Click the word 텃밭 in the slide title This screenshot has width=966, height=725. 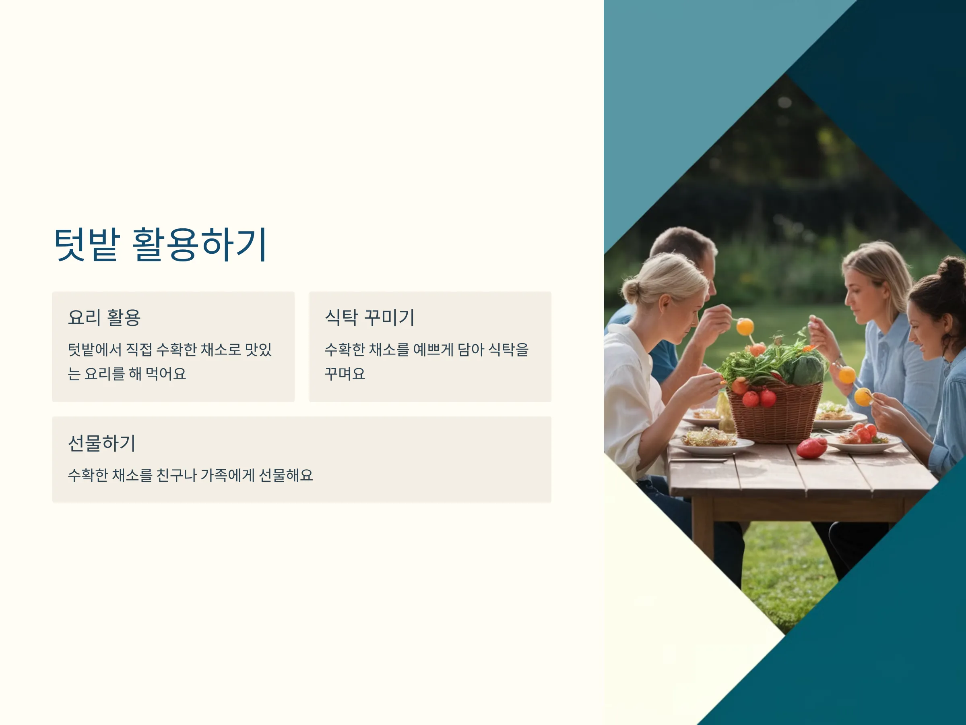click(87, 244)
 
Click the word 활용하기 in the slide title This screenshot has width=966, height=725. click(200, 244)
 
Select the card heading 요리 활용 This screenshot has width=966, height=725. click(104, 317)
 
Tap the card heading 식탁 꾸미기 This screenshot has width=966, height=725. click(369, 317)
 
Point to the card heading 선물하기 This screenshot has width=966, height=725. click(102, 443)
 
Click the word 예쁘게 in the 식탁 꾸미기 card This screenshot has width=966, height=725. click(433, 349)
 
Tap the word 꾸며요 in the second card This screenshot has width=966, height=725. click(345, 374)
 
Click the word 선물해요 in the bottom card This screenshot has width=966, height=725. click(286, 475)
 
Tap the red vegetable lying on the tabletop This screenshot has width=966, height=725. click(811, 448)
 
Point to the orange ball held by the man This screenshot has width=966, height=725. click(745, 326)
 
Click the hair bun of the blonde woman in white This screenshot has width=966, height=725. click(631, 291)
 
